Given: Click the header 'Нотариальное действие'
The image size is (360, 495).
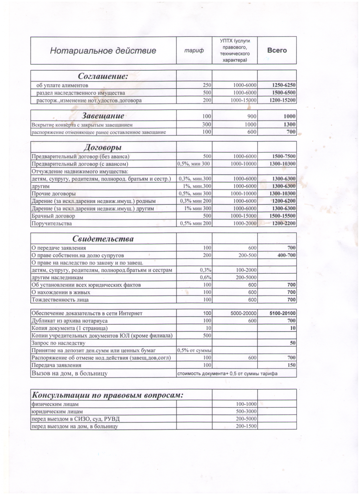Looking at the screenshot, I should (x=103, y=51).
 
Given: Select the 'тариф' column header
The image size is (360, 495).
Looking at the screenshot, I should (x=194, y=51).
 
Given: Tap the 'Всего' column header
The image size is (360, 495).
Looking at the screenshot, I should (x=277, y=50).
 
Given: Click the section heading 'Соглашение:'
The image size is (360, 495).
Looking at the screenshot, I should (x=103, y=76).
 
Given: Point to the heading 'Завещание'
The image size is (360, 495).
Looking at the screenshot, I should (x=103, y=116).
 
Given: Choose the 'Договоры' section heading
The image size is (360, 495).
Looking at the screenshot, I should (x=103, y=147).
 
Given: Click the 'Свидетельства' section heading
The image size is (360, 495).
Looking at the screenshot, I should (x=103, y=239).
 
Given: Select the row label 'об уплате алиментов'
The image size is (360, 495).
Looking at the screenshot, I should (x=62, y=85).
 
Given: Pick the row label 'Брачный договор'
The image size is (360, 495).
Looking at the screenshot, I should (x=53, y=216).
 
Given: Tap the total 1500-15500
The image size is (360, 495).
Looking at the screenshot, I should (x=283, y=216).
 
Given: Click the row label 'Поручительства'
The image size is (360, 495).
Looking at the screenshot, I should (x=52, y=223).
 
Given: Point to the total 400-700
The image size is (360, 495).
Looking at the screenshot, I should (x=287, y=255).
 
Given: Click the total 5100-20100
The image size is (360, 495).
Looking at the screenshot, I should (x=283, y=313).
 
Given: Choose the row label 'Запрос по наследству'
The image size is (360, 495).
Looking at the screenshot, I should (x=58, y=343).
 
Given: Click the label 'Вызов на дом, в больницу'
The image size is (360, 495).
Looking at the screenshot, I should (x=70, y=373).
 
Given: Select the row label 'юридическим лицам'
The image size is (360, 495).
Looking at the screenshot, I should (x=57, y=411).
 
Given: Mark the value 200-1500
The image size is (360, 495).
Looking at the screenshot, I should (x=246, y=426).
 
